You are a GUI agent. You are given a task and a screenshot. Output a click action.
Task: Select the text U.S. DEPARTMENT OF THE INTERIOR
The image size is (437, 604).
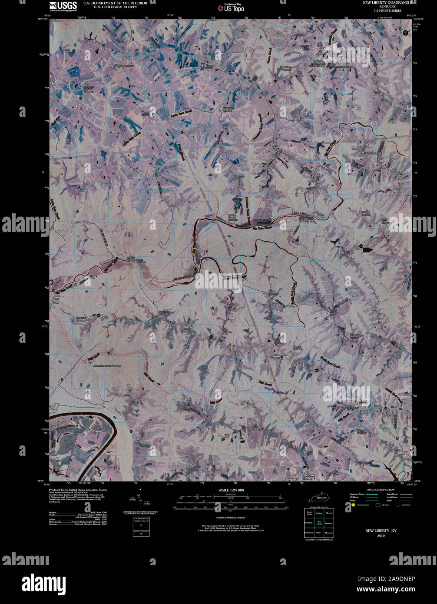[x=115, y=3]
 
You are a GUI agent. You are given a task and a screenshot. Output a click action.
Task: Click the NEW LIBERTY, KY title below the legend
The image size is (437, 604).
[x=381, y=531]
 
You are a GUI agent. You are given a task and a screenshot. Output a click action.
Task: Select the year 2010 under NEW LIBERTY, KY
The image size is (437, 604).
[x=381, y=535]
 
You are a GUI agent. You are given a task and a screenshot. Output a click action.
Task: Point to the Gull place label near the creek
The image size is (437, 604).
[x=318, y=212]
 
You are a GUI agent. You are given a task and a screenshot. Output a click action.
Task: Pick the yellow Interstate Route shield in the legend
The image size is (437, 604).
[x=353, y=505]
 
